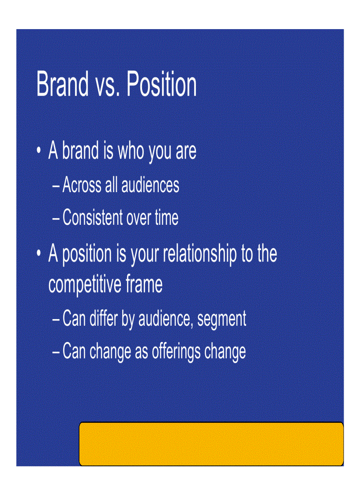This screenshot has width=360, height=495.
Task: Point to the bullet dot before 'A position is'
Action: pyautogui.click(x=39, y=254)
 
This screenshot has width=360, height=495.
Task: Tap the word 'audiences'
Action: pyautogui.click(x=150, y=185)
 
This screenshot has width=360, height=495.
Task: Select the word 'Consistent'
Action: pyautogui.click(x=93, y=218)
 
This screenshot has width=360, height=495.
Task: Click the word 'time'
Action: pyautogui.click(x=166, y=218)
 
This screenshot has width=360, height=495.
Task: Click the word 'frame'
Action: pyautogui.click(x=144, y=285)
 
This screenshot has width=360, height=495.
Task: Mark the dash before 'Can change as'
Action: pyautogui.click(x=56, y=352)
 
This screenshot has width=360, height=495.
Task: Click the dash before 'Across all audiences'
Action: pyautogui.click(x=56, y=186)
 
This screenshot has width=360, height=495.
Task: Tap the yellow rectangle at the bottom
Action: pyautogui.click(x=211, y=443)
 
